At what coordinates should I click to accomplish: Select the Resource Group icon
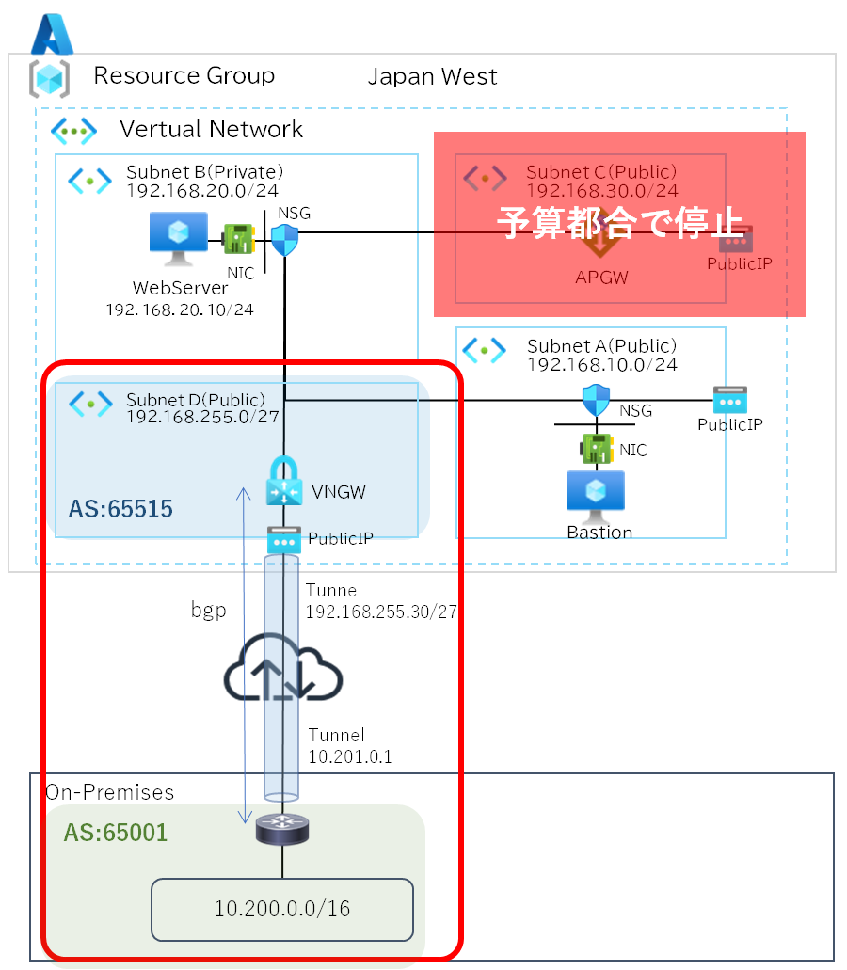49,78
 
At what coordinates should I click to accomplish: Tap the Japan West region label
432,77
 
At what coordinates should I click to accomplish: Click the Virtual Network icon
73,131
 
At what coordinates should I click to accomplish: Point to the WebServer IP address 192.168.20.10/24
180,308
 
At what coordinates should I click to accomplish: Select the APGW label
602,278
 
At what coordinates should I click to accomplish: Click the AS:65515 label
120,510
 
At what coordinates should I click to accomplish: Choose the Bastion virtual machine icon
595,496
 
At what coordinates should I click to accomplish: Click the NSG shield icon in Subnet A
597,401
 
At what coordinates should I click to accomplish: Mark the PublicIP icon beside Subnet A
729,401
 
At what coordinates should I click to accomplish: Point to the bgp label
208,610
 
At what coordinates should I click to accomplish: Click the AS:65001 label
116,833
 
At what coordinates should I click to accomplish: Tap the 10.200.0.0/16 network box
282,909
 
